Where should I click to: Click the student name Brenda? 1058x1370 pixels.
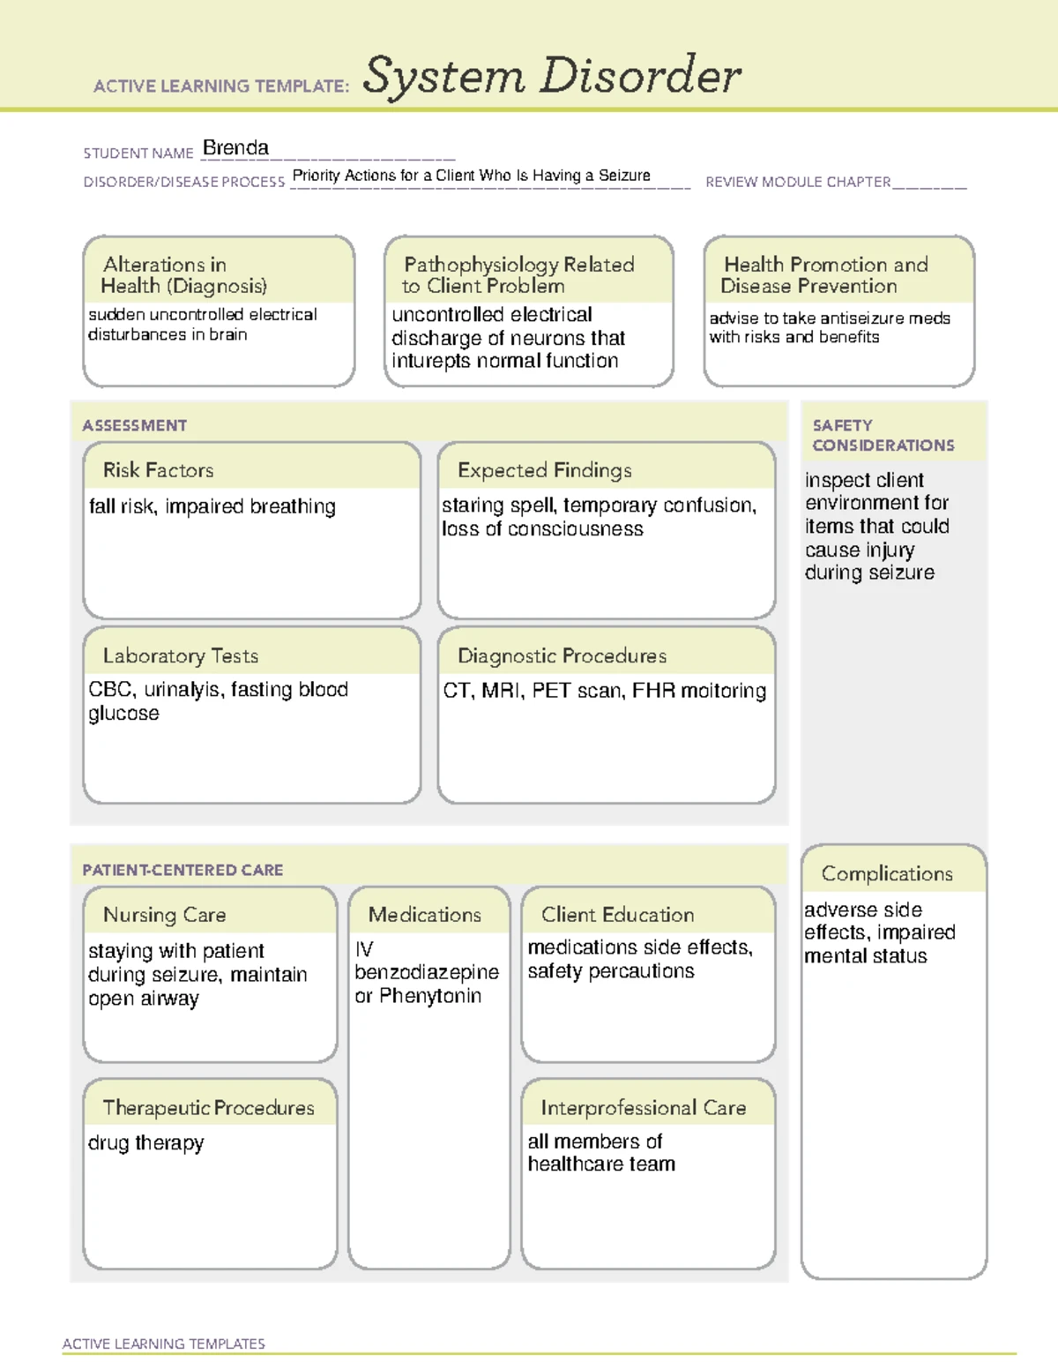(x=235, y=148)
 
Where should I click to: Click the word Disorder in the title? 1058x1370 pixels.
(x=640, y=76)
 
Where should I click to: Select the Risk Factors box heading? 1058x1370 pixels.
(x=159, y=470)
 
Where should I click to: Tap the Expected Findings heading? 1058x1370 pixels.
(x=544, y=470)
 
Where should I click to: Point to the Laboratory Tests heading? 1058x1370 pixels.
(x=181, y=655)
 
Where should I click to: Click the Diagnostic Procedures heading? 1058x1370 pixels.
(x=562, y=655)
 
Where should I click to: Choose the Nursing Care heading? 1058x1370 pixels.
(x=165, y=915)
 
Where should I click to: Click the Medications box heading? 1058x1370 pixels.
(x=425, y=915)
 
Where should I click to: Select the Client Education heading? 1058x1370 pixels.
(x=617, y=915)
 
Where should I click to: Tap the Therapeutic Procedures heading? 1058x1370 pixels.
(x=208, y=1107)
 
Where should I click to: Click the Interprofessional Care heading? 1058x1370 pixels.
(x=643, y=1107)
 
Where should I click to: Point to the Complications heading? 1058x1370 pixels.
(x=887, y=873)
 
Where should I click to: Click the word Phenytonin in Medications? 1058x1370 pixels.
(x=430, y=996)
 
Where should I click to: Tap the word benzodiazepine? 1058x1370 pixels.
(x=427, y=972)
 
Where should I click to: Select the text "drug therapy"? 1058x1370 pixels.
(x=146, y=1143)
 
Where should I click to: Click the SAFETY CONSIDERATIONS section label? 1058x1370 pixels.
(x=883, y=435)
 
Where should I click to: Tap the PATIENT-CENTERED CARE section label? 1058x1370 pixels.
(x=183, y=870)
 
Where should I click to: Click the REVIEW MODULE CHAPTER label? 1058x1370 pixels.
(x=798, y=182)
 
